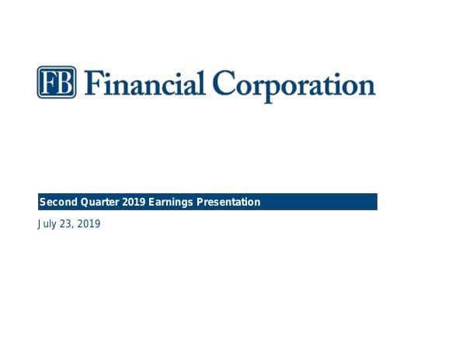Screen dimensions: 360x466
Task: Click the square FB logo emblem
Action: coord(57,82)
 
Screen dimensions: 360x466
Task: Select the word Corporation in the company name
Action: coord(294,84)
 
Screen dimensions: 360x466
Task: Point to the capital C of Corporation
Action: coord(225,83)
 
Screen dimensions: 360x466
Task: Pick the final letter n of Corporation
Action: coord(367,85)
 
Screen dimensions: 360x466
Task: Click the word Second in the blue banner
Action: coord(57,202)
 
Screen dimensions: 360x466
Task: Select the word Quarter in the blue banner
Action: coord(99,202)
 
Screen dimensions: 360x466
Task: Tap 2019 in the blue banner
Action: coord(134,202)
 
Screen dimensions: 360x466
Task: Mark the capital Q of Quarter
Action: coord(82,202)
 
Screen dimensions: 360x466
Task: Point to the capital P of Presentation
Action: coord(200,202)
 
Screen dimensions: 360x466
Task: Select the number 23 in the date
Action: coord(64,225)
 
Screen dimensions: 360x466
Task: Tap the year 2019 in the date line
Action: coord(88,225)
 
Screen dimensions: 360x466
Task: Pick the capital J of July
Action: coord(39,225)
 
